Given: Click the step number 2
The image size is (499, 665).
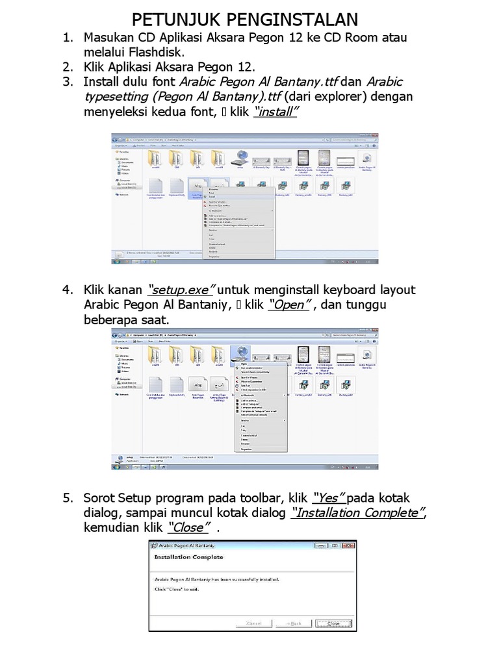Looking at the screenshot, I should point(67,66).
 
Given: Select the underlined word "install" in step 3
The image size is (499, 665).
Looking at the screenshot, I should point(277,112).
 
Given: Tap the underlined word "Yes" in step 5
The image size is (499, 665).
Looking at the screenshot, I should point(328,498).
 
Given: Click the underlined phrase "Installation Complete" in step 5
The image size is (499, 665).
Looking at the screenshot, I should point(359,513).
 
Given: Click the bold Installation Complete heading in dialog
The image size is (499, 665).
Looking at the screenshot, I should point(188,557).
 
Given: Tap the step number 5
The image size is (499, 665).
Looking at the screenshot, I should point(67,498).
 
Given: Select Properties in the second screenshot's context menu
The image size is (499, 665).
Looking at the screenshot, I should point(246,449).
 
